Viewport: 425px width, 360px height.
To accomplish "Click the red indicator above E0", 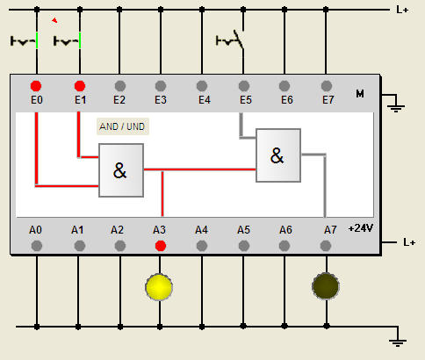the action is click(x=36, y=86).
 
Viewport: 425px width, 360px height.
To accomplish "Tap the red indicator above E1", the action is click(x=80, y=86).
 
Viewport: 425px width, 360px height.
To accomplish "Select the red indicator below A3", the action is click(x=161, y=246).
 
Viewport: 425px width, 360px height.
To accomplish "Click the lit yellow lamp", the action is click(x=159, y=287).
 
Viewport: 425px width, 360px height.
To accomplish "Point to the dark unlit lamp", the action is click(x=326, y=286).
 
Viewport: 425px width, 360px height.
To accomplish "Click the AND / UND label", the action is click(x=122, y=126).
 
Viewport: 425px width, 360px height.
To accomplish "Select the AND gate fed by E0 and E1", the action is click(x=121, y=170).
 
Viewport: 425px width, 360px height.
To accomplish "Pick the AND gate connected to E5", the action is click(x=278, y=155).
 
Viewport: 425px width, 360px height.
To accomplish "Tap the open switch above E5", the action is click(x=230, y=40).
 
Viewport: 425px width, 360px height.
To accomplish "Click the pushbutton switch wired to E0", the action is click(x=25, y=40).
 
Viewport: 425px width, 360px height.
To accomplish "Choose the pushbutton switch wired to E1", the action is click(x=68, y=40).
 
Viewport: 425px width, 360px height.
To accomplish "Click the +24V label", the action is click(x=361, y=228).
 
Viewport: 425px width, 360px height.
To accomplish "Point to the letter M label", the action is click(x=360, y=94).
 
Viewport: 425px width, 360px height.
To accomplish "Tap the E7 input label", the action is click(x=328, y=100).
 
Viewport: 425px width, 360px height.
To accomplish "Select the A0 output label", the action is click(x=35, y=230).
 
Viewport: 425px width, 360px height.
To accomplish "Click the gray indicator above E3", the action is click(x=161, y=86).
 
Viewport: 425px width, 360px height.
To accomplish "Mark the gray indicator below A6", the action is click(x=285, y=246).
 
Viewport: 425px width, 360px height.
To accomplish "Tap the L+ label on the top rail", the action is click(x=402, y=10).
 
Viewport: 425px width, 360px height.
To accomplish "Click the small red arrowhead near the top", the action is click(x=54, y=20).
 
